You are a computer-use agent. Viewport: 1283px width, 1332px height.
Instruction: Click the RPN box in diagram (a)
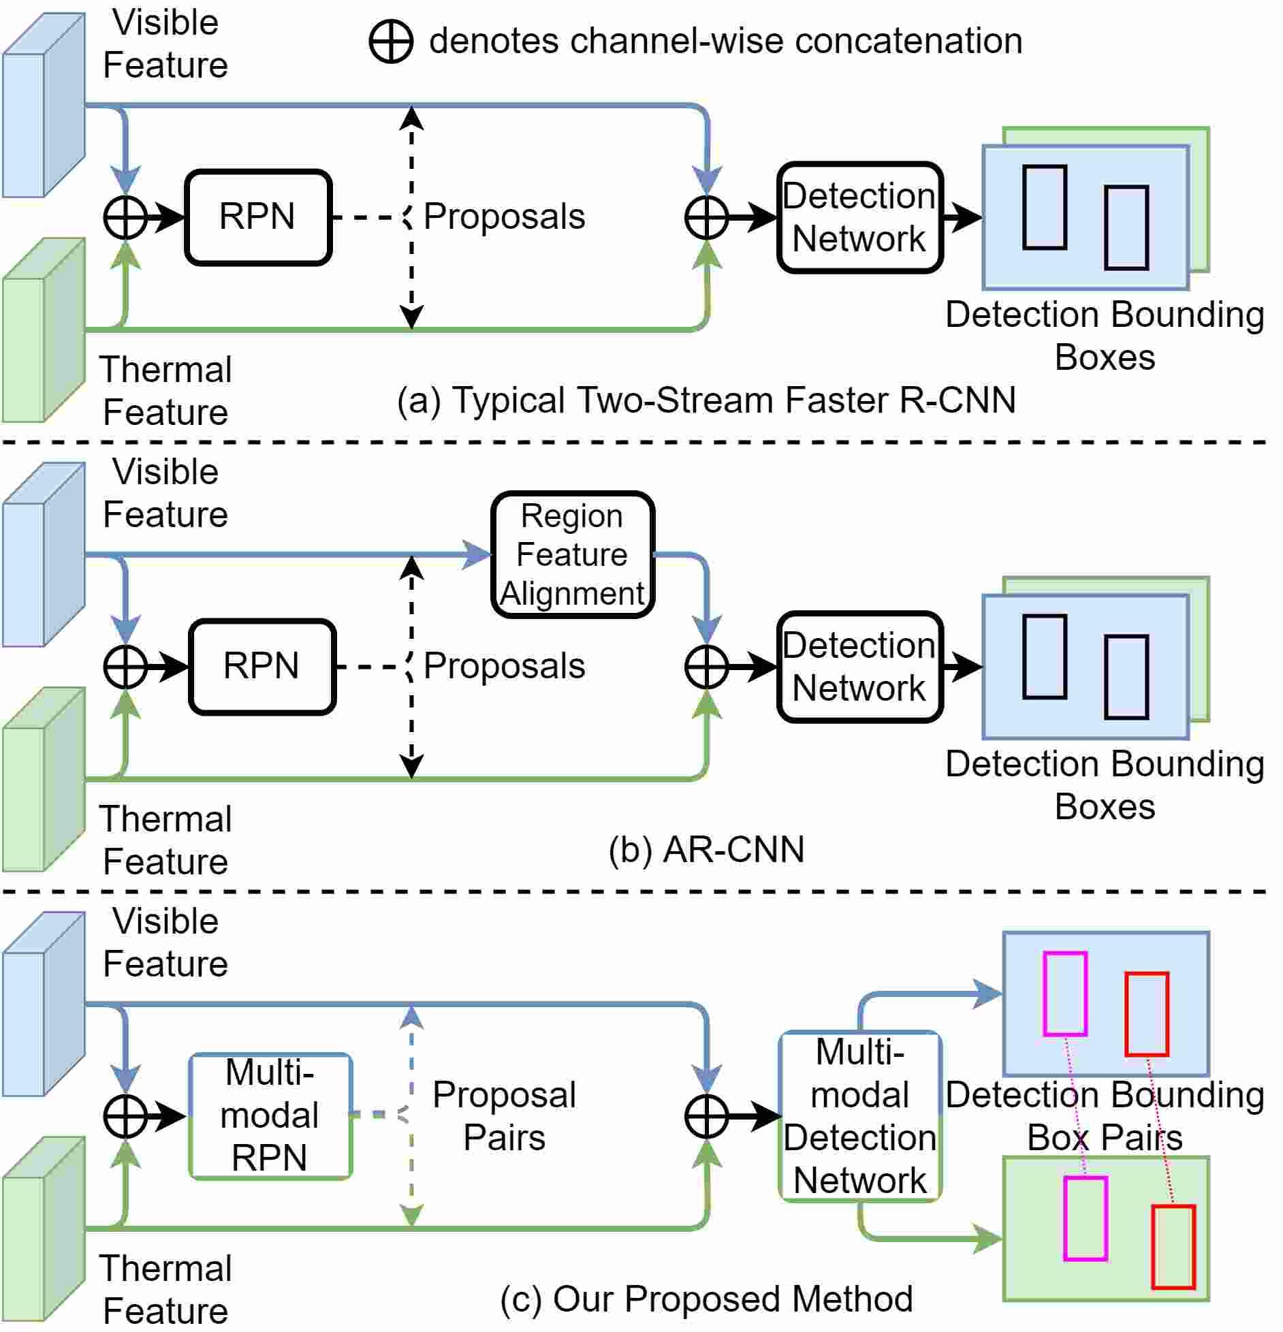click(x=258, y=217)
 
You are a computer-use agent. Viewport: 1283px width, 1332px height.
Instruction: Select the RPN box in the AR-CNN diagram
click(x=262, y=667)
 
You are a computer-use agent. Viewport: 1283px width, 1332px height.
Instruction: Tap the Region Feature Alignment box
click(x=573, y=554)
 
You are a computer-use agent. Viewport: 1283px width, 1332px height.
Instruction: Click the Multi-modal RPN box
click(x=270, y=1116)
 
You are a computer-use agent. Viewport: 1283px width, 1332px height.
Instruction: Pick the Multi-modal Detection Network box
click(x=860, y=1116)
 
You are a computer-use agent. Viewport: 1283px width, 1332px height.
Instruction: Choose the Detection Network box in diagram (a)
click(x=860, y=217)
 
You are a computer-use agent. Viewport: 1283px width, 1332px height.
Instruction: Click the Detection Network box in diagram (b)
click(x=860, y=667)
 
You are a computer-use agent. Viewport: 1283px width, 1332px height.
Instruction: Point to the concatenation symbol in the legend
click(x=391, y=42)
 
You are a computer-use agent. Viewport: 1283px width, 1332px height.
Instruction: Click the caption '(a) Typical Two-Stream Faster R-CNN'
click(x=706, y=400)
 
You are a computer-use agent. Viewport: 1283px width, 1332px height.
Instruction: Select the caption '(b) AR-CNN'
click(x=706, y=849)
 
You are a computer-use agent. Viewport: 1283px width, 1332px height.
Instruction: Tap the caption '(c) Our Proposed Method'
click(x=706, y=1299)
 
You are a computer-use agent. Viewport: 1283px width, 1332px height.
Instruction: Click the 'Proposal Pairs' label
click(x=504, y=1116)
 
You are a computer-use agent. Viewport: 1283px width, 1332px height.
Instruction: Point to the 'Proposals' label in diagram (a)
click(x=504, y=217)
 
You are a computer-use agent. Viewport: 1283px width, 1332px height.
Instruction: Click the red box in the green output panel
click(x=1173, y=1247)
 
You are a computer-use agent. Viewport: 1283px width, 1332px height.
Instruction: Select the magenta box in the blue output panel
click(x=1065, y=994)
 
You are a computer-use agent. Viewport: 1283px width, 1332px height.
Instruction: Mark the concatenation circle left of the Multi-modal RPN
click(x=125, y=1116)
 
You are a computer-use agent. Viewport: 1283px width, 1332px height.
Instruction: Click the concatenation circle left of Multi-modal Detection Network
click(x=707, y=1116)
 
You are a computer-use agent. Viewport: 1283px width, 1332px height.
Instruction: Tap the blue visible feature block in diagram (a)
click(x=44, y=106)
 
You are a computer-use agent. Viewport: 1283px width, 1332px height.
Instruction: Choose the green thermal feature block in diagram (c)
click(x=44, y=1229)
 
